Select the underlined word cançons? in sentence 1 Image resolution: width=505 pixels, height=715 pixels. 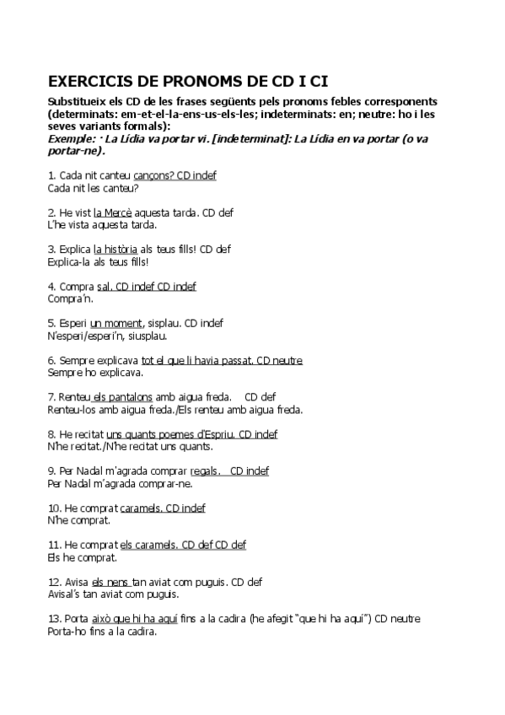(154, 175)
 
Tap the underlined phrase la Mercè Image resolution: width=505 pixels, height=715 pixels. (112, 213)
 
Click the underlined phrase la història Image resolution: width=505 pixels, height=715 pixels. (116, 250)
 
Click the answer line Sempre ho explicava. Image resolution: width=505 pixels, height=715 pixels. (96, 372)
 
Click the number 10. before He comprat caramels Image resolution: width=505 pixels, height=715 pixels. (55, 508)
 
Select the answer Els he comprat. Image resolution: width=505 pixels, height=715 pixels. (83, 557)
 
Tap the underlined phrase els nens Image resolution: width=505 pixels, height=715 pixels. (110, 582)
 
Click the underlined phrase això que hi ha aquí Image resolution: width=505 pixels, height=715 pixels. (134, 619)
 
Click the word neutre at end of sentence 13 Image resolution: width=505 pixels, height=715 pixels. (405, 619)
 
